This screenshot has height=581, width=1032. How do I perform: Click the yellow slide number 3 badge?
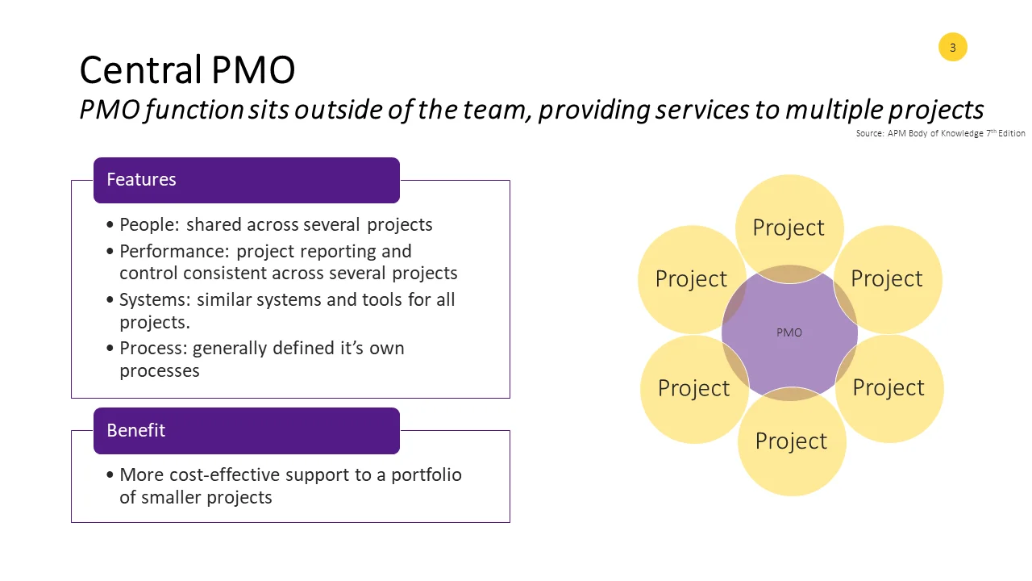tap(952, 48)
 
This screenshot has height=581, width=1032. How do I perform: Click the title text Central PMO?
tap(187, 70)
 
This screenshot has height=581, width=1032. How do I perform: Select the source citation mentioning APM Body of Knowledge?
tap(940, 133)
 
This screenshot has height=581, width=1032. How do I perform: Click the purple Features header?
tap(246, 180)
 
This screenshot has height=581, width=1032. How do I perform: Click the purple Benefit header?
tap(246, 431)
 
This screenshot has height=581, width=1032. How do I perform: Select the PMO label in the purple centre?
tap(789, 332)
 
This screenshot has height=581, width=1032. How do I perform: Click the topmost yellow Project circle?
tap(789, 227)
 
